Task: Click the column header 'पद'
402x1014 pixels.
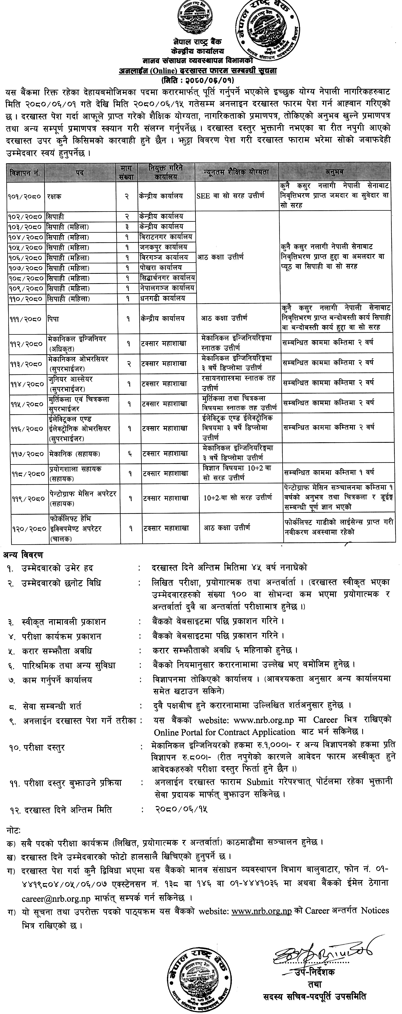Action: (80, 172)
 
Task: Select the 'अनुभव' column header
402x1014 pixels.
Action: (335, 172)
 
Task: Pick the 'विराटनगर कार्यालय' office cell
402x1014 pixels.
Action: (166, 237)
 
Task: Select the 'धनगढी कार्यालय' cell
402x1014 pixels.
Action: (161, 298)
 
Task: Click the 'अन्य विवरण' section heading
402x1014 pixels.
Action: (23, 555)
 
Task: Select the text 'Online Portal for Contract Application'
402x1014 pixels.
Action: (224, 732)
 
